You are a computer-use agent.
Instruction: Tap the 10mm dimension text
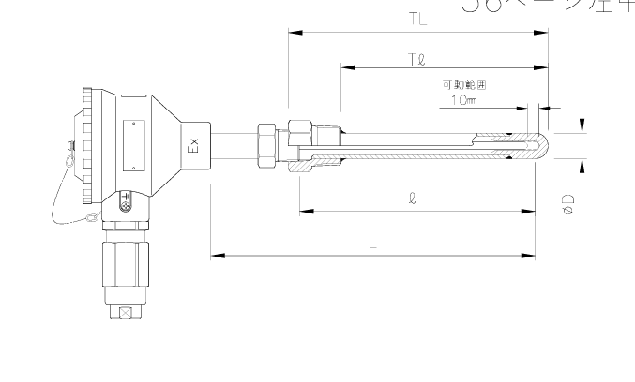pos(462,99)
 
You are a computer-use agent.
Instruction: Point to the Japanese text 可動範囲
pos(464,84)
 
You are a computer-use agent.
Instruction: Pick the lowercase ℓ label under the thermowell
pos(414,199)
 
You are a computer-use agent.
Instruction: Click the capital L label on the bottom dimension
pos(372,242)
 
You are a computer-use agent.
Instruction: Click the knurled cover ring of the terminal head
pos(87,146)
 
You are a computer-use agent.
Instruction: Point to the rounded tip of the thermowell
pos(541,146)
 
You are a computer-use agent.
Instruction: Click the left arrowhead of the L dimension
pos(217,254)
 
